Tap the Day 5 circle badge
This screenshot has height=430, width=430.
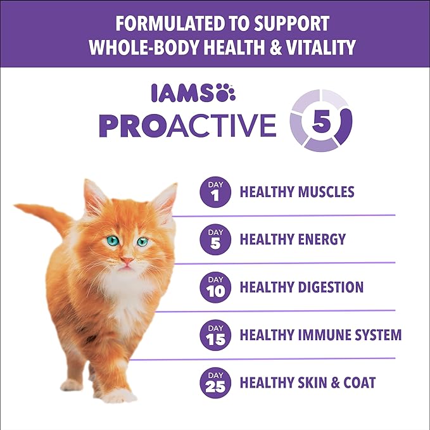[213, 239]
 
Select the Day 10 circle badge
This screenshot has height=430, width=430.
[213, 287]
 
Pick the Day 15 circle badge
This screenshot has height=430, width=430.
[213, 335]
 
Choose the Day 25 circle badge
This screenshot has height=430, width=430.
[213, 383]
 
